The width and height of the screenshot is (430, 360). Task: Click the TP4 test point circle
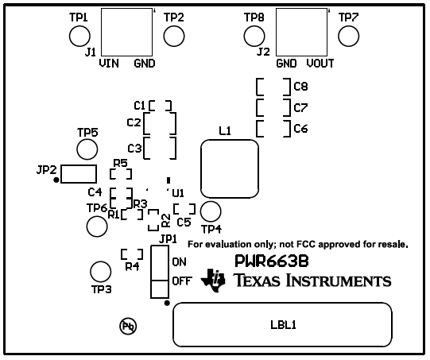[x=211, y=211]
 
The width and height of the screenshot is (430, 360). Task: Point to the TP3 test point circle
[x=99, y=270]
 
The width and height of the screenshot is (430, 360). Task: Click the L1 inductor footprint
[x=230, y=169]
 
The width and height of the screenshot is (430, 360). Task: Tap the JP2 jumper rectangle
[x=79, y=173]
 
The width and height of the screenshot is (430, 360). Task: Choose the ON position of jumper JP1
[x=159, y=261]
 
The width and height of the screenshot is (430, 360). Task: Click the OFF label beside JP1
[x=182, y=281]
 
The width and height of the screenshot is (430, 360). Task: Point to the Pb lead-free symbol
[x=127, y=325]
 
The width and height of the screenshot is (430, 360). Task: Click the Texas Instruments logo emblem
[x=215, y=280]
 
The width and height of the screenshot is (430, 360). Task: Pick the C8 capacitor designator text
[x=300, y=86]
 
